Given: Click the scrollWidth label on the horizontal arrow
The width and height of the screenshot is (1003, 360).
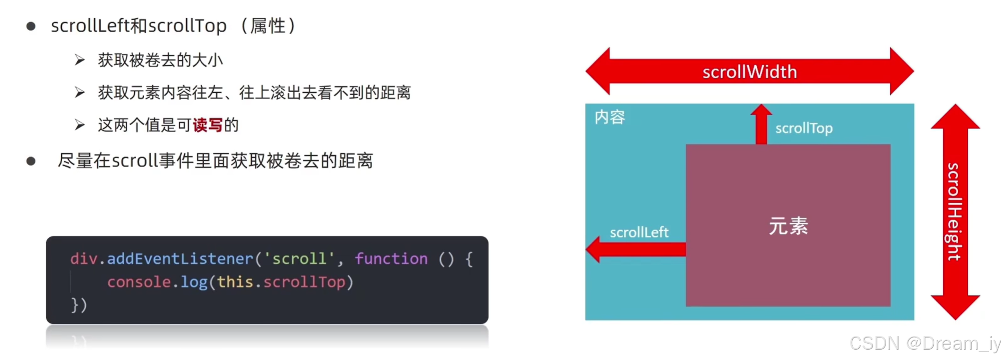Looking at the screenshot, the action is (x=749, y=72).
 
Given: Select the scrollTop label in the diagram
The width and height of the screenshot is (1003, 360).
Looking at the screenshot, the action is (x=804, y=128).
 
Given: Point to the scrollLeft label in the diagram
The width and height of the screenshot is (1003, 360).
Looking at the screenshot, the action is (x=639, y=232).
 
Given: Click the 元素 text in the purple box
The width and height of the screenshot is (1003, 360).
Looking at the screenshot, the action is (x=788, y=226).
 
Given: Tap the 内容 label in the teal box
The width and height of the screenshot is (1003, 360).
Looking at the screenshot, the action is (x=609, y=117).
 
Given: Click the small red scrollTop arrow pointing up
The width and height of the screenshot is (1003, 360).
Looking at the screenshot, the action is (x=761, y=124).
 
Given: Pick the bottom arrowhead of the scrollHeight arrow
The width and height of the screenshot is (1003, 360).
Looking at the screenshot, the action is (x=955, y=306).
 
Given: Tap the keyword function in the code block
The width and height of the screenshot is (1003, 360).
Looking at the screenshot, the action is (x=391, y=258).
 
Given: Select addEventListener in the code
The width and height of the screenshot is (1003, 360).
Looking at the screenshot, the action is (x=180, y=258).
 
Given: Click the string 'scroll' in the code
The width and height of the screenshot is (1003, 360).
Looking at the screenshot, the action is (x=299, y=258).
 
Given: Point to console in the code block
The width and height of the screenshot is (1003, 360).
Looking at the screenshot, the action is (x=139, y=282).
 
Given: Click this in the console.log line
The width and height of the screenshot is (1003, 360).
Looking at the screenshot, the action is (x=235, y=282).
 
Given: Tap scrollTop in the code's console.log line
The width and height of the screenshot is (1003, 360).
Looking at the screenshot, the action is (x=304, y=282).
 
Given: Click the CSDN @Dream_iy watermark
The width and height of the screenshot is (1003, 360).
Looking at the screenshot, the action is (x=925, y=344).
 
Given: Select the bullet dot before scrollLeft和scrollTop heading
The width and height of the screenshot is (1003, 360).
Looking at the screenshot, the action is (x=31, y=26).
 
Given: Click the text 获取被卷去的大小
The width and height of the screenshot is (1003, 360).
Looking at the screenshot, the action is (x=160, y=60).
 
